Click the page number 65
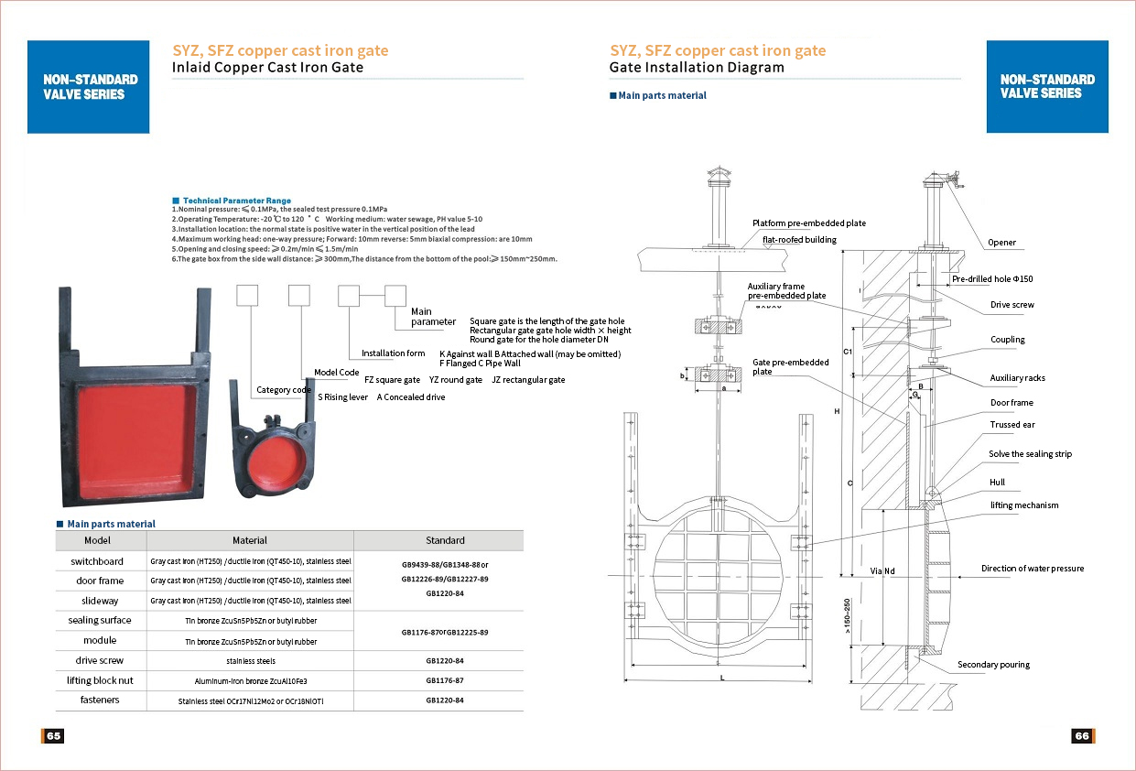(x=53, y=736)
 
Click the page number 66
(x=1082, y=736)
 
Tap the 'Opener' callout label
(x=1001, y=243)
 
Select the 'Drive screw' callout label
(x=1012, y=305)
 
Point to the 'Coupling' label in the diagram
(x=1007, y=340)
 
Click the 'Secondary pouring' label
(x=993, y=665)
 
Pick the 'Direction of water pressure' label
(x=1032, y=569)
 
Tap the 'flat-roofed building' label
(x=799, y=240)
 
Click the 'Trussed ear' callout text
(x=1012, y=425)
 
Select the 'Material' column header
(x=249, y=540)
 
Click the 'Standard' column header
(x=445, y=540)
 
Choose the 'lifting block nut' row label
(x=100, y=680)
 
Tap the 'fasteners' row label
(x=100, y=700)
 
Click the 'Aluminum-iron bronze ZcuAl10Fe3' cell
(x=250, y=681)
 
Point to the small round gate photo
(x=275, y=462)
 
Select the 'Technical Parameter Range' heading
(x=236, y=201)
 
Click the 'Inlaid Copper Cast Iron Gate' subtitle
(x=267, y=68)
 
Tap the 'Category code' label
(x=284, y=390)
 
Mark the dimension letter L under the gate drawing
(x=721, y=679)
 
